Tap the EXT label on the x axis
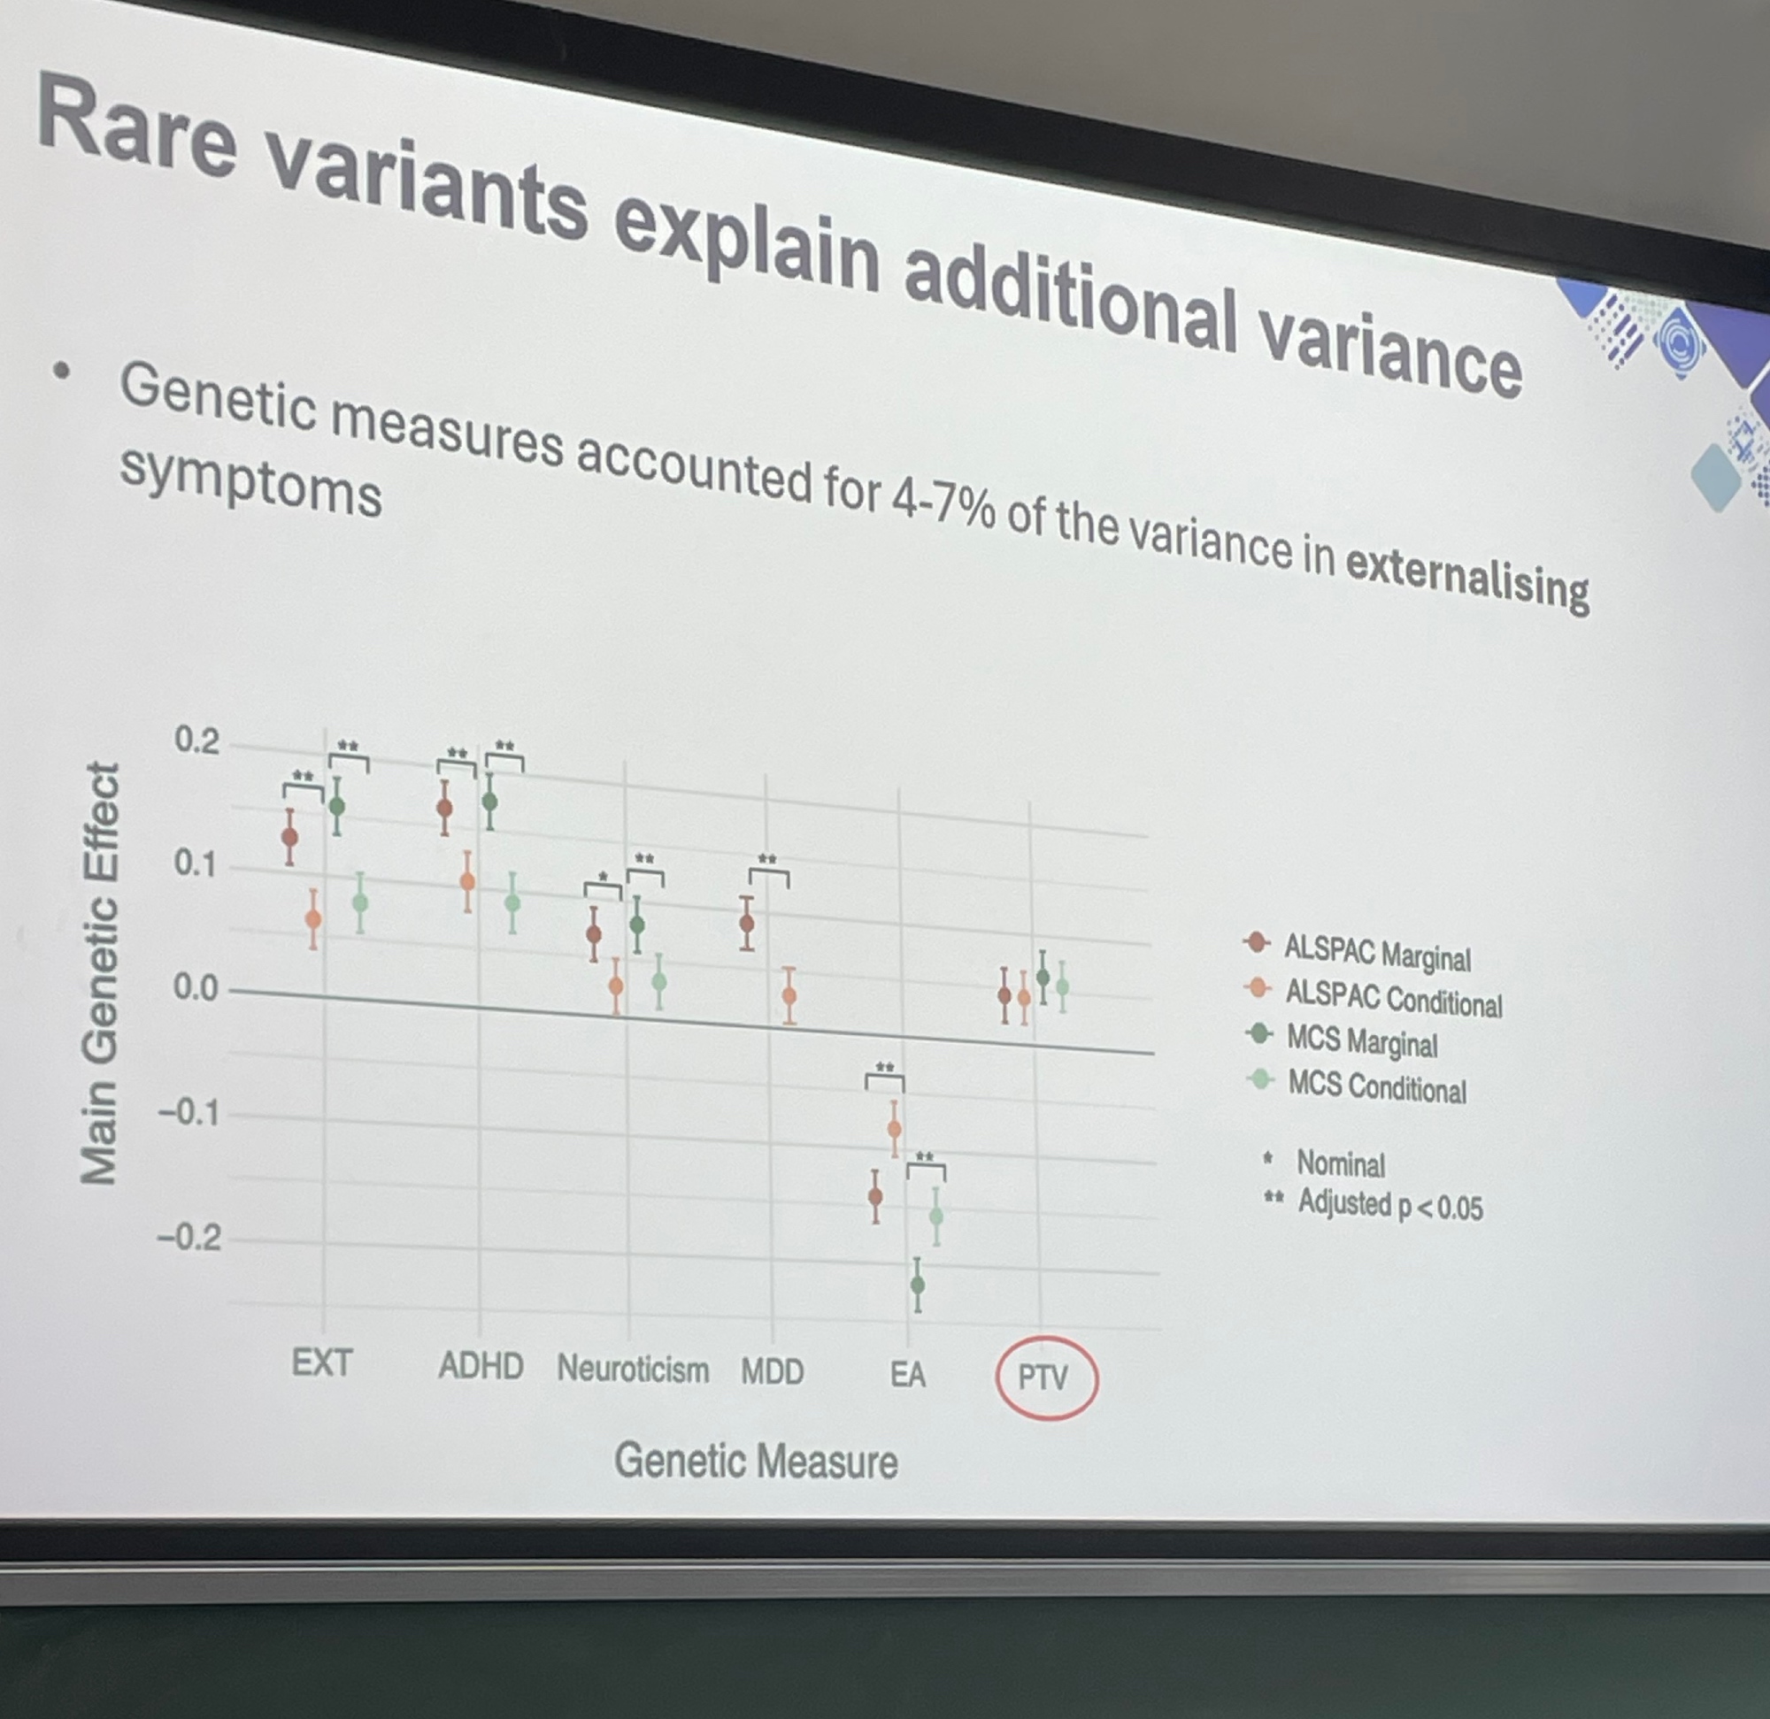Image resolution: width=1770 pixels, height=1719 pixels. click(x=321, y=1362)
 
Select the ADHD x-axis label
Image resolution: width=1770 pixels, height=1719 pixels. click(x=481, y=1365)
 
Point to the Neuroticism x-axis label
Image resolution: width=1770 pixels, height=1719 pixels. click(x=633, y=1369)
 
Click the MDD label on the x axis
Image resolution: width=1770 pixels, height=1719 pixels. click(x=772, y=1371)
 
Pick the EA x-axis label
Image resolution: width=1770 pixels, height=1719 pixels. click(x=908, y=1374)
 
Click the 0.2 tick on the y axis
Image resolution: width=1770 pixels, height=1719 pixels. click(x=196, y=741)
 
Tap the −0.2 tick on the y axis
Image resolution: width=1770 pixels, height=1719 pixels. click(x=189, y=1236)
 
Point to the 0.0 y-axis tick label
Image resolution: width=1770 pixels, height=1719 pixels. click(x=196, y=988)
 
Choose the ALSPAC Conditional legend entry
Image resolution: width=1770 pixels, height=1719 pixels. click(x=1373, y=996)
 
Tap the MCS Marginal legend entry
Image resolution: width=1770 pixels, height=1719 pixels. click(x=1341, y=1040)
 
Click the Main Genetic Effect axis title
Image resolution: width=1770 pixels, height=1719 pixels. click(x=99, y=973)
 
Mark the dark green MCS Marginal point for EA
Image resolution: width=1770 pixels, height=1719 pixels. click(x=918, y=1284)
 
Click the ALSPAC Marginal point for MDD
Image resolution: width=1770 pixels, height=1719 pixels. click(x=747, y=923)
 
